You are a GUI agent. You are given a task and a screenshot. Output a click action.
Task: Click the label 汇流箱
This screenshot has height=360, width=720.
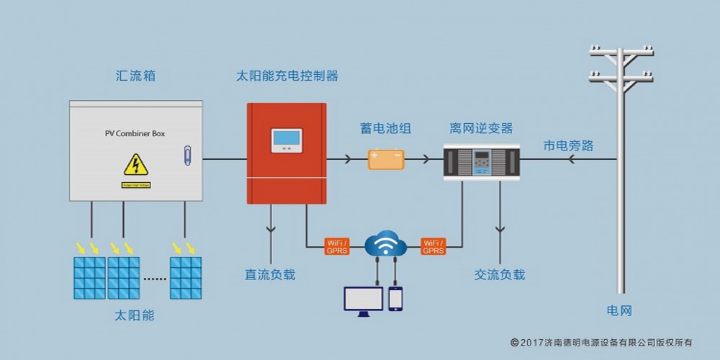(135, 76)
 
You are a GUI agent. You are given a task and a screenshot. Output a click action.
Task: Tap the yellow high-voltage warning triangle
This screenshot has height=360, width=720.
(135, 165)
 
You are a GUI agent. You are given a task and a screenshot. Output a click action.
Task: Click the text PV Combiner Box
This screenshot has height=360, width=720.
(135, 134)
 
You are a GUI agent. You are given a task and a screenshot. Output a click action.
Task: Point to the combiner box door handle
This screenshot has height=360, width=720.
(187, 156)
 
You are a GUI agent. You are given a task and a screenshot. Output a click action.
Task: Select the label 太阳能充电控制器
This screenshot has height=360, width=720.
(287, 76)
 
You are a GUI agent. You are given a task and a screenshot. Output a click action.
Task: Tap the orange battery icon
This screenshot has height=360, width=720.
(386, 158)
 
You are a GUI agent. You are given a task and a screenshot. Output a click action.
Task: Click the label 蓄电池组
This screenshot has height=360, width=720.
(386, 129)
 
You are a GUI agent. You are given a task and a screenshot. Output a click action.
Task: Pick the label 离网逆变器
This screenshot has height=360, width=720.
(481, 129)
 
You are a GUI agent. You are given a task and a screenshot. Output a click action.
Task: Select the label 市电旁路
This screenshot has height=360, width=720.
(569, 145)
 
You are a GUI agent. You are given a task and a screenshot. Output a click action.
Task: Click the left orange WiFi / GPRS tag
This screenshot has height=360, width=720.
(337, 246)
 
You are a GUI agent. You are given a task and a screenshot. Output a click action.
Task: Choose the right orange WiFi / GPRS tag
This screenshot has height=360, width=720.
(433, 246)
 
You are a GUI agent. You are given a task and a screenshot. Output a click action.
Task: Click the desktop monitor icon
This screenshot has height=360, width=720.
(364, 300)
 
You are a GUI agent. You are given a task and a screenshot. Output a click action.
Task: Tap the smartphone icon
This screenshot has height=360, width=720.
(395, 299)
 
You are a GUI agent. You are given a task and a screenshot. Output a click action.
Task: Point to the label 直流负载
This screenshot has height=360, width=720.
(270, 275)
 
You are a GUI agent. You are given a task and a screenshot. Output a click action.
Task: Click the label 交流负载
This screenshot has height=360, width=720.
(500, 275)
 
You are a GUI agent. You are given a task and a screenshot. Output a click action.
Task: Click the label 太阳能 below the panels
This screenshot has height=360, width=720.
(135, 315)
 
